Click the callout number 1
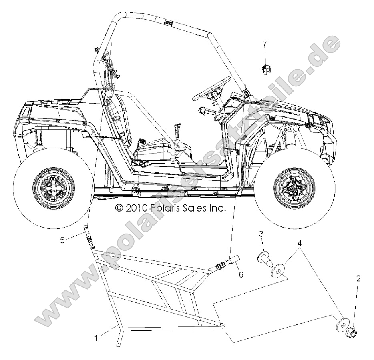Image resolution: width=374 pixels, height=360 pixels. [95, 338]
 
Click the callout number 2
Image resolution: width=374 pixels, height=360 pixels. [358, 278]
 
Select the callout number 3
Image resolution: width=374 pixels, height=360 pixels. [261, 234]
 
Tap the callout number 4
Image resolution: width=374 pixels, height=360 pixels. [300, 243]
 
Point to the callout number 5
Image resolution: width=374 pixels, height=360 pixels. [62, 240]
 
